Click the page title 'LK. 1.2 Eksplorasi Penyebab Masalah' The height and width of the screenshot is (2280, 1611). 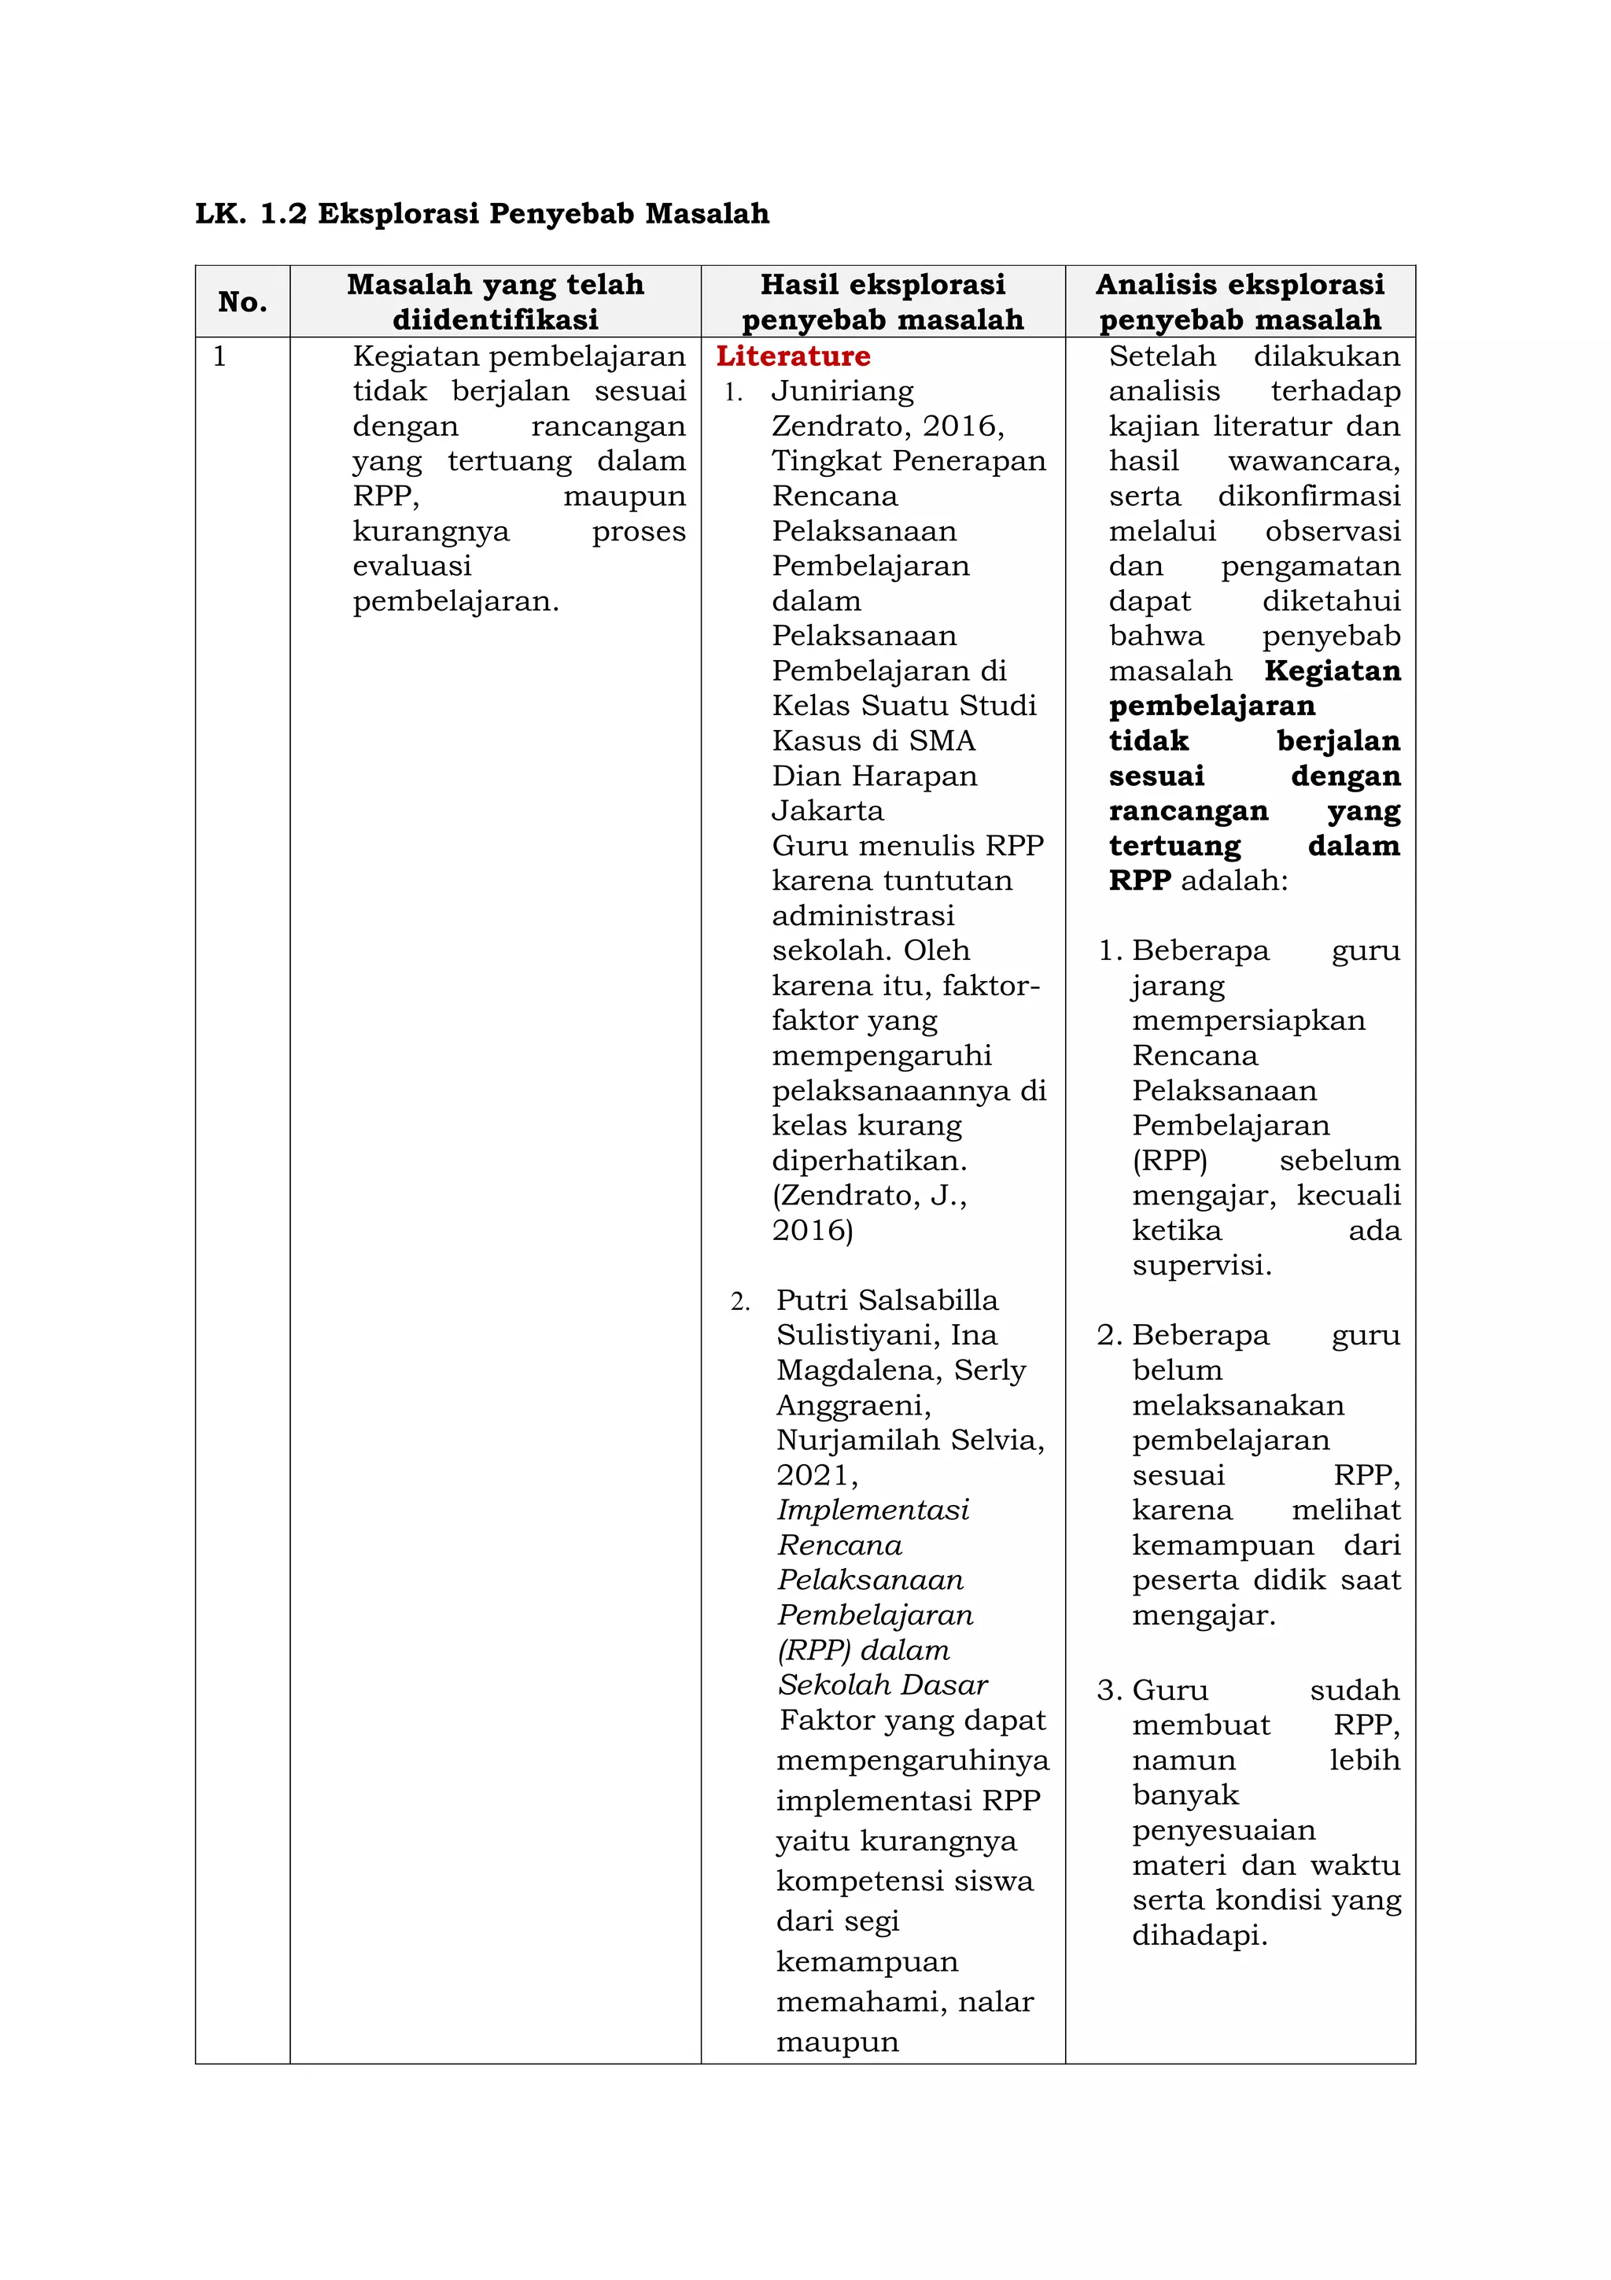(x=481, y=213)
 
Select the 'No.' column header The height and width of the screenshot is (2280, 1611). (x=242, y=302)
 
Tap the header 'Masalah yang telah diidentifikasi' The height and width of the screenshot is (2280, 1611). (x=496, y=302)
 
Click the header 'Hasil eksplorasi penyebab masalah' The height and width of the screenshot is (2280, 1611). (x=883, y=302)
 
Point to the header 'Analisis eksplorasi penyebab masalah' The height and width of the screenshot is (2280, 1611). (x=1240, y=302)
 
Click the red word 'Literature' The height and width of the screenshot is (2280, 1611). (x=793, y=356)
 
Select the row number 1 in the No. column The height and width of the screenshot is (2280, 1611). (x=219, y=356)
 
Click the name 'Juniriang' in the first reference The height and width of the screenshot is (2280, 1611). (x=842, y=391)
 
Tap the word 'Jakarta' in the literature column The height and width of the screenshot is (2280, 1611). (x=828, y=810)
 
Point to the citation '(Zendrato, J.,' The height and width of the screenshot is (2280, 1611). (x=869, y=1194)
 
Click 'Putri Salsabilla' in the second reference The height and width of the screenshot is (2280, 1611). (x=887, y=1300)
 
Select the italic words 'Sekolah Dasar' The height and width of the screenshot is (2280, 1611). (x=883, y=1684)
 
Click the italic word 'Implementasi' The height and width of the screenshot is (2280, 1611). (x=872, y=1510)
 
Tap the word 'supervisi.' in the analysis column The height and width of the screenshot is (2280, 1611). (x=1201, y=1265)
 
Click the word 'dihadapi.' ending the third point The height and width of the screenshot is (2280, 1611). (x=1199, y=1935)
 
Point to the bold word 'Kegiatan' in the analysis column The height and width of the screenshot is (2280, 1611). (x=1332, y=670)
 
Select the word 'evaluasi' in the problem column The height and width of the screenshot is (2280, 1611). (x=412, y=566)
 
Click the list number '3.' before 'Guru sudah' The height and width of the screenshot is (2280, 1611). (x=1110, y=1690)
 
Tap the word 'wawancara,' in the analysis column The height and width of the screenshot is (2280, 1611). (x=1313, y=461)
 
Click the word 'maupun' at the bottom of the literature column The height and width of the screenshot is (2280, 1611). (x=837, y=2042)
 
